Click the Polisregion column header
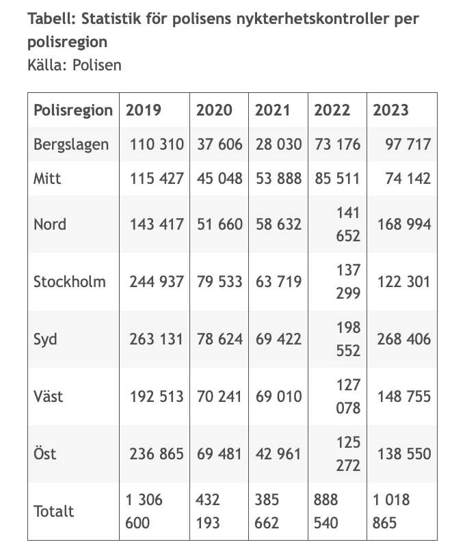[73, 110]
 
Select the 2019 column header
[143, 110]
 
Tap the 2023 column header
[390, 110]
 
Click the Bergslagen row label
[71, 145]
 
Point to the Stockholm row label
[70, 282]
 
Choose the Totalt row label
[53, 511]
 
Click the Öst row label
[45, 453]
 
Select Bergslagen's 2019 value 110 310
[157, 144]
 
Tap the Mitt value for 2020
[220, 178]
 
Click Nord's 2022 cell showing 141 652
[348, 224]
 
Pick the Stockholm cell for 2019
[157, 282]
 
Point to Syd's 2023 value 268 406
[404, 339]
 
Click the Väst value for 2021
[279, 396]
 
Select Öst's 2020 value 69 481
[219, 454]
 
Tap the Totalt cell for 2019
[144, 511]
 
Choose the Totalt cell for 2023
[391, 511]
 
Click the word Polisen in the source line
[97, 65]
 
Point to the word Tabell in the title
[52, 18]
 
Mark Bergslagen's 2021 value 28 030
[279, 144]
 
